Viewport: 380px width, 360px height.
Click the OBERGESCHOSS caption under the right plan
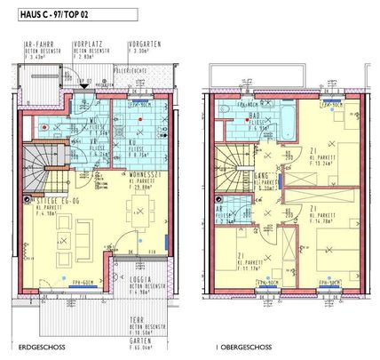[x=236, y=348]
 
